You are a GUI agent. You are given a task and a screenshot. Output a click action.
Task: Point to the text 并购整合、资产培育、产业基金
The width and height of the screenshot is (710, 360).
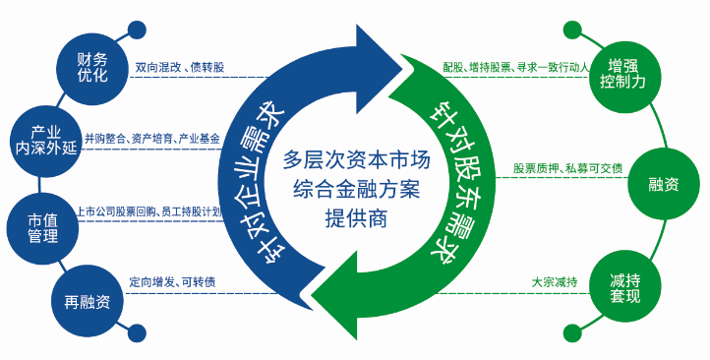click(152, 140)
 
